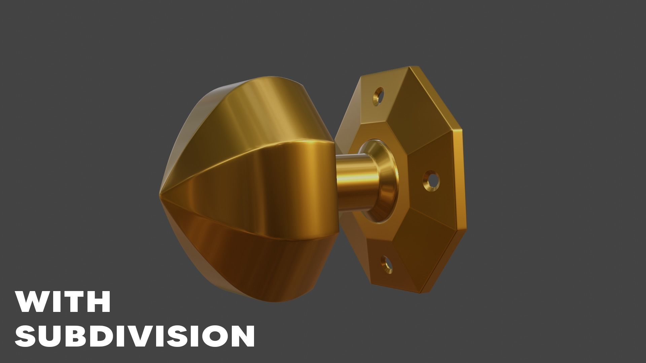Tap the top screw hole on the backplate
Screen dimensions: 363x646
[x=379, y=94]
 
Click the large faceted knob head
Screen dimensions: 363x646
[x=249, y=188]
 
